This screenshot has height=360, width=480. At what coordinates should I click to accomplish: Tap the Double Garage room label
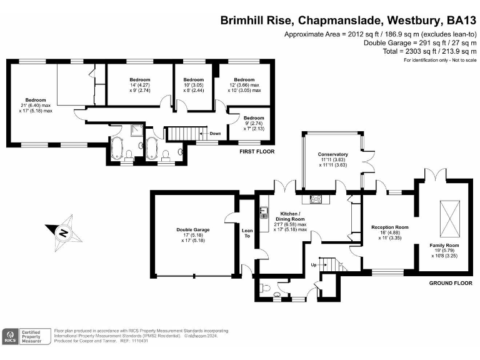(x=192, y=230)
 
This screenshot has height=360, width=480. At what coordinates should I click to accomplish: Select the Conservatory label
(x=332, y=154)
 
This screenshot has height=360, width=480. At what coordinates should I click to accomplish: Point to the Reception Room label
(x=389, y=227)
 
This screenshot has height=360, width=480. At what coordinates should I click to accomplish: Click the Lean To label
(x=247, y=233)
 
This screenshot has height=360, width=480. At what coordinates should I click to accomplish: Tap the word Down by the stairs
(x=214, y=133)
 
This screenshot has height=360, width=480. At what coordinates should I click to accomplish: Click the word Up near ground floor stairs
(x=314, y=264)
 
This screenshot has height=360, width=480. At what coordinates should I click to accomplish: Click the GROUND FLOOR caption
(x=450, y=283)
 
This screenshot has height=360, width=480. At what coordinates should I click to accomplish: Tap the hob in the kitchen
(x=316, y=199)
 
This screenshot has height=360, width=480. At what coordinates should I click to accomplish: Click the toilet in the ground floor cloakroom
(x=267, y=290)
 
